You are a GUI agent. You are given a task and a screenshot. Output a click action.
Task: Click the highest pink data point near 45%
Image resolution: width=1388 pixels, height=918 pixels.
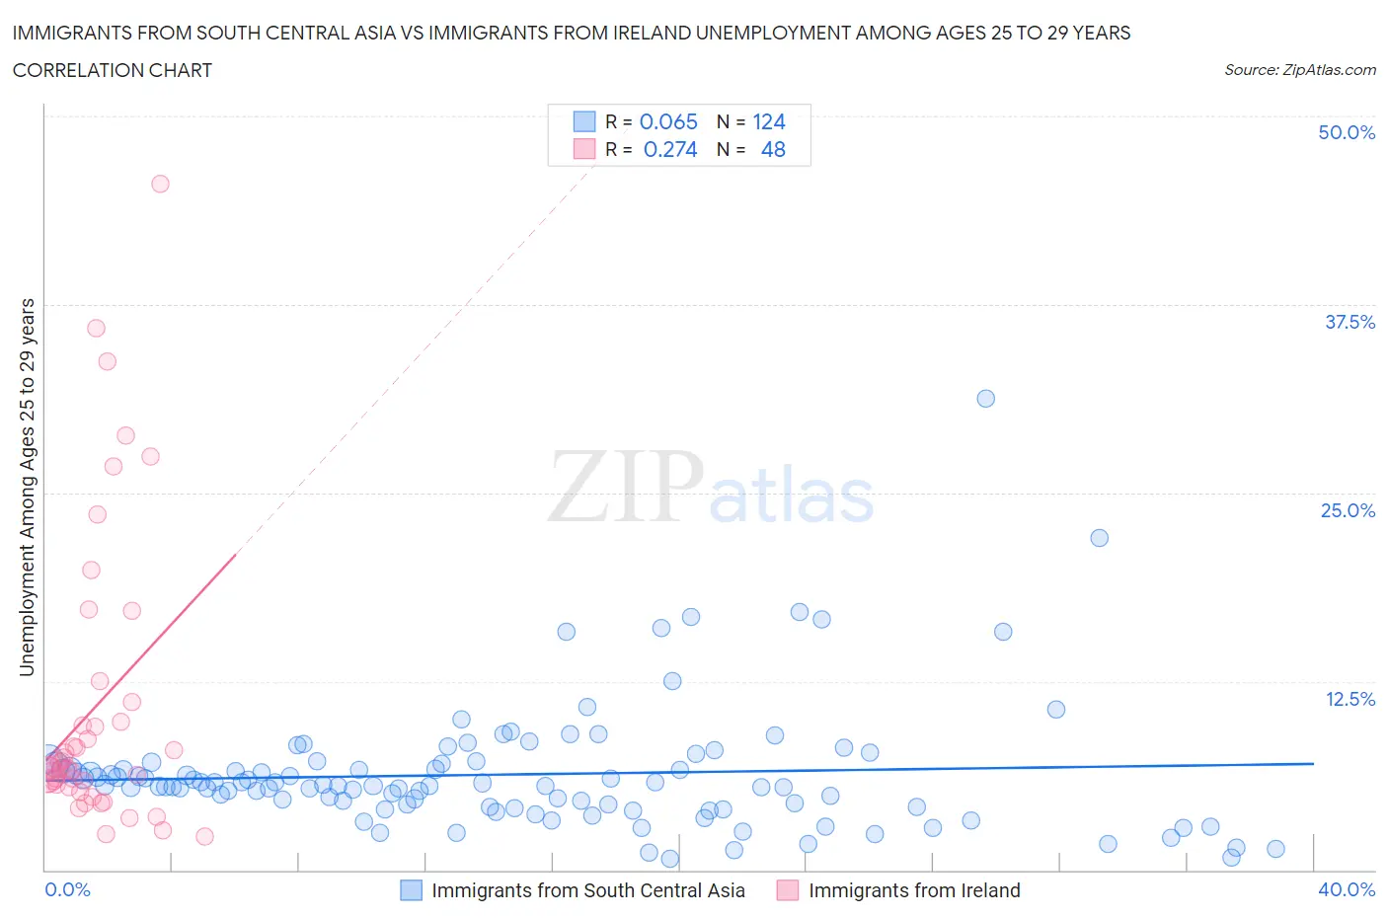click(160, 184)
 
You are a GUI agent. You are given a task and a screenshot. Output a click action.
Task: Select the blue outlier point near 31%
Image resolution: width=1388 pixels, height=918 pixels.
click(985, 399)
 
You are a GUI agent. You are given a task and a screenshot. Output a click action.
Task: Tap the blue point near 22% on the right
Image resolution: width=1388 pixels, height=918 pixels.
click(1099, 538)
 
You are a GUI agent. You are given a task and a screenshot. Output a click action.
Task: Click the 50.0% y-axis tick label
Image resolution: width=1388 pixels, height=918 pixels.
click(1347, 132)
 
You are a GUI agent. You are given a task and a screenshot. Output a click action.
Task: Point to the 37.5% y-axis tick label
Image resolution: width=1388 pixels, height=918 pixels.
click(1349, 322)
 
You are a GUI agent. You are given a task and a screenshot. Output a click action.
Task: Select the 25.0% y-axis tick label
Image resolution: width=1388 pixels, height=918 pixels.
click(1348, 510)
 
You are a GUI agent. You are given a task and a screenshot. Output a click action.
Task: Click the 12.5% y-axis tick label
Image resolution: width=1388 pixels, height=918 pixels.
click(1349, 699)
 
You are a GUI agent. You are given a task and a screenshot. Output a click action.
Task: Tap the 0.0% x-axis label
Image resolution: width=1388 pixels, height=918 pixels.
click(67, 889)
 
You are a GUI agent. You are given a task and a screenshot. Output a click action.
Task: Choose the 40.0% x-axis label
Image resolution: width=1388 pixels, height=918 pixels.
click(1347, 889)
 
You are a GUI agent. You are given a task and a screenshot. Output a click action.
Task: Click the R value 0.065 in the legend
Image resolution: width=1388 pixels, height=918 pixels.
click(668, 121)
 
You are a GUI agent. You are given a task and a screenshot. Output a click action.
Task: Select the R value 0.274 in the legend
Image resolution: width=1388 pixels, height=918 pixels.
click(670, 149)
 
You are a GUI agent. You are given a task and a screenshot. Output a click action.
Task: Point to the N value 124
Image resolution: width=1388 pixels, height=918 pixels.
click(769, 121)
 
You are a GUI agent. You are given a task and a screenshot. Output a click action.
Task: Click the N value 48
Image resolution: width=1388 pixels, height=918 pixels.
click(773, 149)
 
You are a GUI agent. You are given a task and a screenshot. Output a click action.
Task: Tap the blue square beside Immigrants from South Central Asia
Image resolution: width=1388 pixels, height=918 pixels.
click(411, 890)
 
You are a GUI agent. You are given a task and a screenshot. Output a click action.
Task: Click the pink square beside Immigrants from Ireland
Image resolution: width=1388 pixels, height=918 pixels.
click(788, 890)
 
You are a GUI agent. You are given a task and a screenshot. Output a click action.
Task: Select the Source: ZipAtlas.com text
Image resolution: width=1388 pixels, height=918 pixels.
click(1299, 69)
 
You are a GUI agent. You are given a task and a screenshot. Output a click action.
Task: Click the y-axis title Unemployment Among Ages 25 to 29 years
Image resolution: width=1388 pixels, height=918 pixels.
click(27, 487)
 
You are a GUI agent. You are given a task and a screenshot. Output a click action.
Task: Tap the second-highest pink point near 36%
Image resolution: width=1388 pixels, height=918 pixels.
click(96, 328)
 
